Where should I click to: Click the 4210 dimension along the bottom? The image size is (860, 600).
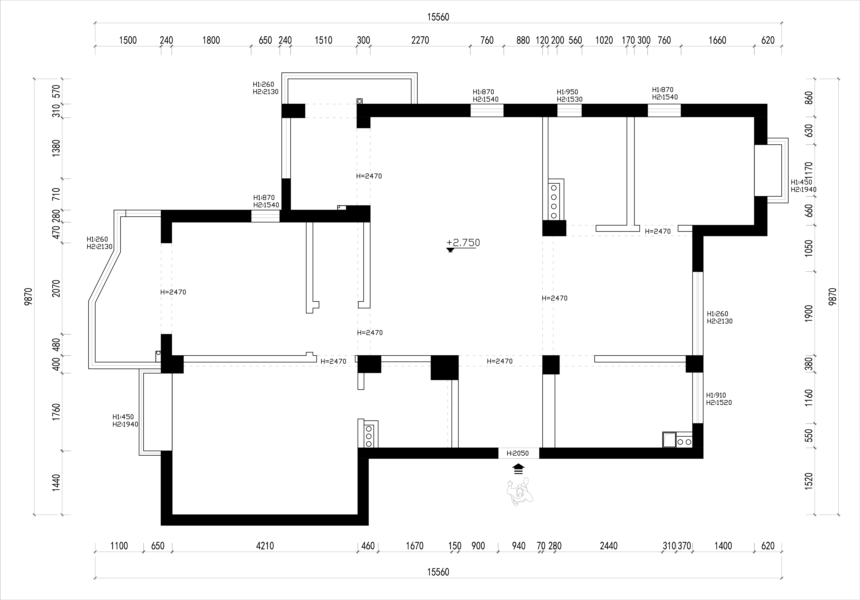click(265, 546)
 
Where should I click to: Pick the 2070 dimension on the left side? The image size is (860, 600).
click(56, 288)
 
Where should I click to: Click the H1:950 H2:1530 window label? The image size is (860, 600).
click(569, 96)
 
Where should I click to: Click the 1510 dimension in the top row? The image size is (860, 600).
click(323, 40)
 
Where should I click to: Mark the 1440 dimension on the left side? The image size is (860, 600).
click(56, 483)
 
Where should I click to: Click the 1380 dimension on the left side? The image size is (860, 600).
click(56, 148)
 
